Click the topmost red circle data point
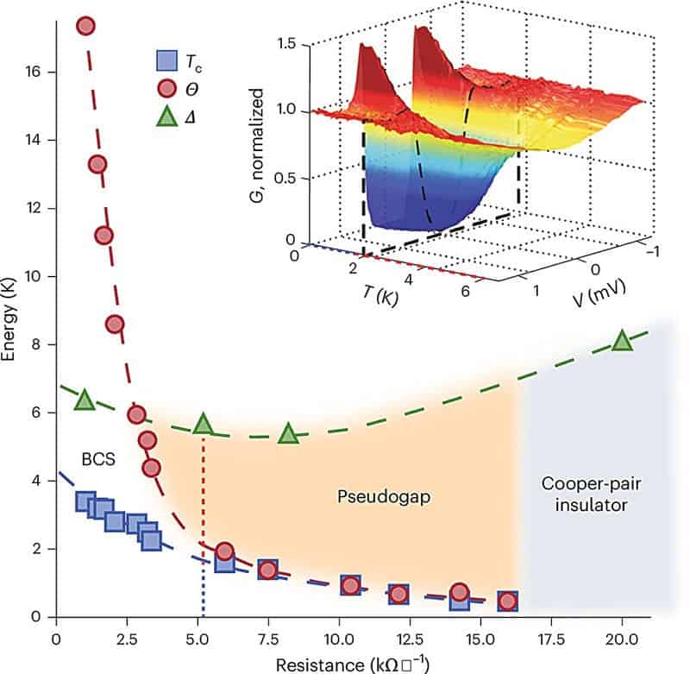(85, 25)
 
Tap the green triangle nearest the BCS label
(85, 400)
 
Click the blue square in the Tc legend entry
(166, 61)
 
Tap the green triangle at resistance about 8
(290, 434)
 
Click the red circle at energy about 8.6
(115, 324)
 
